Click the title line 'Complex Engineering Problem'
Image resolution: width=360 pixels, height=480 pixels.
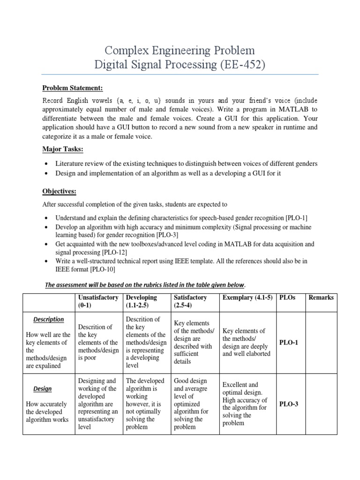pyautogui.click(x=180, y=50)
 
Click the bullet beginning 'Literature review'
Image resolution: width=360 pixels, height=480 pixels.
pyautogui.click(x=186, y=164)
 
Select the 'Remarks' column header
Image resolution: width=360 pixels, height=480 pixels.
pyautogui.click(x=321, y=297)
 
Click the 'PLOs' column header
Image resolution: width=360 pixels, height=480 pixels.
pyautogui.click(x=288, y=297)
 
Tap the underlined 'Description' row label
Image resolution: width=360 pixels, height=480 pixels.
pyautogui.click(x=48, y=319)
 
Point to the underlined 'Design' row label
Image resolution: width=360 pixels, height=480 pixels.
pyautogui.click(x=42, y=389)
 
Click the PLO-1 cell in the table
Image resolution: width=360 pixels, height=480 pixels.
pyautogui.click(x=289, y=342)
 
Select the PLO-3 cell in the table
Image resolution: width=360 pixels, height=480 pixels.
pyautogui.click(x=289, y=404)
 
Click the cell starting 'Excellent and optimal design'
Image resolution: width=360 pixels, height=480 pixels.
pyautogui.click(x=244, y=404)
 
